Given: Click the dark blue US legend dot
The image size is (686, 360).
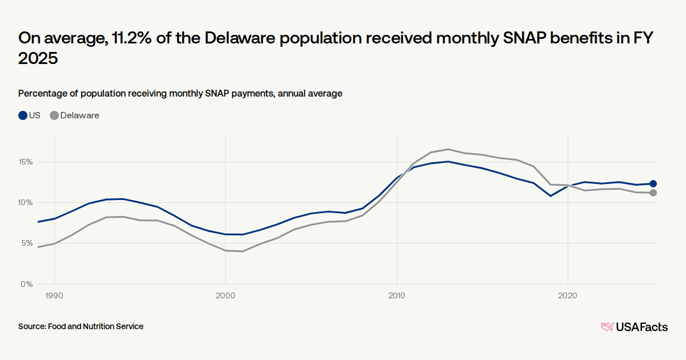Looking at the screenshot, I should pos(23,115).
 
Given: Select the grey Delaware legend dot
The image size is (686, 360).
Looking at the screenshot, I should pos(54,115).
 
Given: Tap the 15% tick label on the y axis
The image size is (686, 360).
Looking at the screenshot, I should pos(26,162).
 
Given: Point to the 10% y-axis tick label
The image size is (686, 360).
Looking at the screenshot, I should pos(26,203).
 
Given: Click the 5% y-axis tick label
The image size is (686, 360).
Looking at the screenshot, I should pos(27,243).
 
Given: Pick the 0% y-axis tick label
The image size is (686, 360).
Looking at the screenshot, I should pos(27,284).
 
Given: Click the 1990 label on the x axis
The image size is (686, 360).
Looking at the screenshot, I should pos(54,295).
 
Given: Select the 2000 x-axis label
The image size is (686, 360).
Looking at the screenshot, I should pos(225,295).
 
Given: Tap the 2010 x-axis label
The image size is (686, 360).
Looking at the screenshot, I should pos(396,295).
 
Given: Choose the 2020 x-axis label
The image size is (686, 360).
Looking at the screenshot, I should pos(567,295).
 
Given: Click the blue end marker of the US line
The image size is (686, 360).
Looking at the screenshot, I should pos(653,183).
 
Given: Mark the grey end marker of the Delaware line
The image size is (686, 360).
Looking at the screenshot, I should pos(653,193).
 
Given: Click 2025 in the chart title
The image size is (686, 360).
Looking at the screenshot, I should pos(38,59).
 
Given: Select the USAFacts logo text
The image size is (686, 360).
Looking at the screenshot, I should pos(641,327).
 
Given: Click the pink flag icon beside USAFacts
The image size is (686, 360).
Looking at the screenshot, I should pos(607,327).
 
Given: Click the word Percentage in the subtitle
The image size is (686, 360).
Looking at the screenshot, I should pos(43,94).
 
